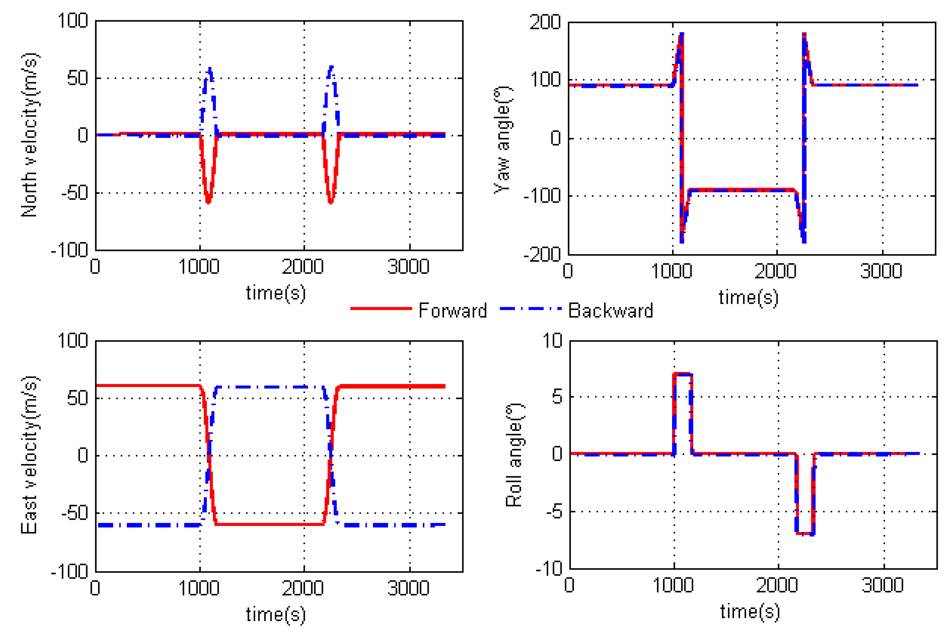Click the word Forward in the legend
tap(452, 311)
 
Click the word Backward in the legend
tap(610, 311)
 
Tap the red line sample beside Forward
tap(381, 309)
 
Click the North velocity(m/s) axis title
tap(29, 135)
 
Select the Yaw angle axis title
tap(503, 140)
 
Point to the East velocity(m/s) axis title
tap(29, 455)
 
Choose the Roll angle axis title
tap(514, 455)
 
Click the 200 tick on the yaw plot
tap(545, 22)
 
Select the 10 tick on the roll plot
tap(552, 340)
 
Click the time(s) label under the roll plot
tap(750, 611)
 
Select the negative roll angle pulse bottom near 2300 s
tap(805, 534)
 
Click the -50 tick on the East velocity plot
tap(75, 513)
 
